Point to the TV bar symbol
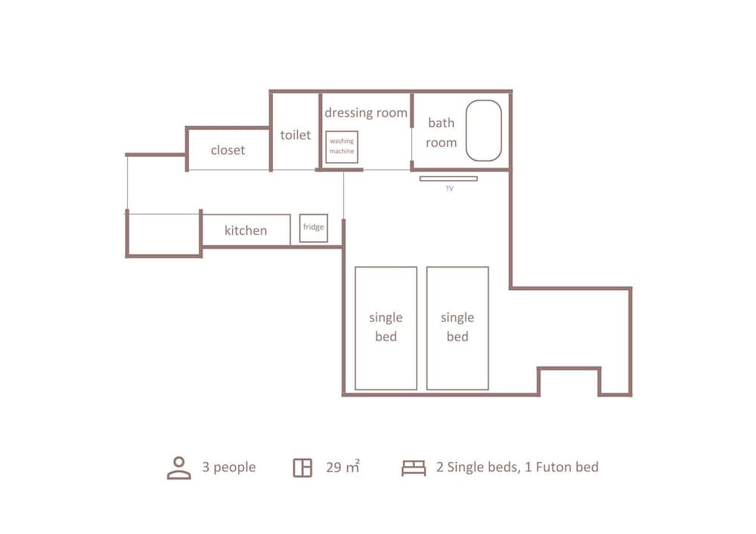click(x=448, y=179)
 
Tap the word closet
click(x=228, y=150)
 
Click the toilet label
click(x=296, y=135)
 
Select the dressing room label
click(x=366, y=113)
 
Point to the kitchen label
click(x=246, y=230)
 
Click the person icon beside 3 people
click(x=179, y=468)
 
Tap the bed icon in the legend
click(x=414, y=468)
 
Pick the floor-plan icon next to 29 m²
click(x=303, y=468)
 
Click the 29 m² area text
click(x=342, y=467)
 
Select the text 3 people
click(x=229, y=467)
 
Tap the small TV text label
click(x=449, y=189)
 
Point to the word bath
click(x=442, y=123)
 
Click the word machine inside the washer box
click(x=342, y=151)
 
